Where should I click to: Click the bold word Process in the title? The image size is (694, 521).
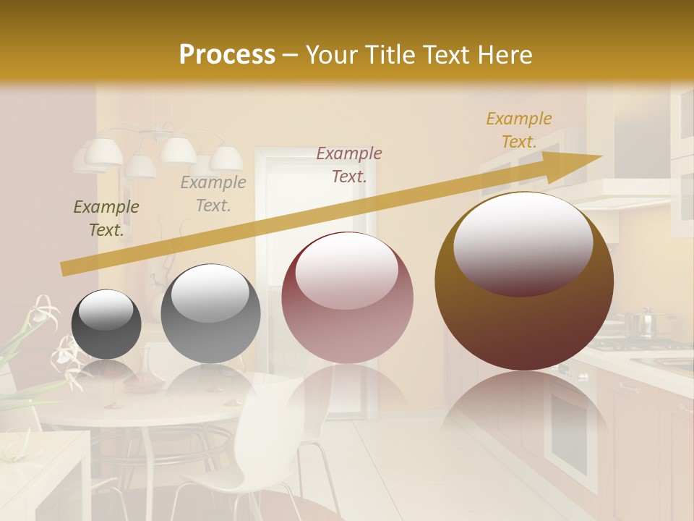click(227, 55)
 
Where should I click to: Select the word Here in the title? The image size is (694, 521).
click(504, 55)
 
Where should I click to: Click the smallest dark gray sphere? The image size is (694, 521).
click(106, 324)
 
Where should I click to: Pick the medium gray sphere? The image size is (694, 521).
click(210, 313)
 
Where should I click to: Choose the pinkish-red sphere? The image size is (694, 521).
click(347, 297)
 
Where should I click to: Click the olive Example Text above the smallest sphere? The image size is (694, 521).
click(106, 219)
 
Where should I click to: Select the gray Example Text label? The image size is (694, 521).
click(213, 194)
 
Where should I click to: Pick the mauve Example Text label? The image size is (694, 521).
click(349, 164)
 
